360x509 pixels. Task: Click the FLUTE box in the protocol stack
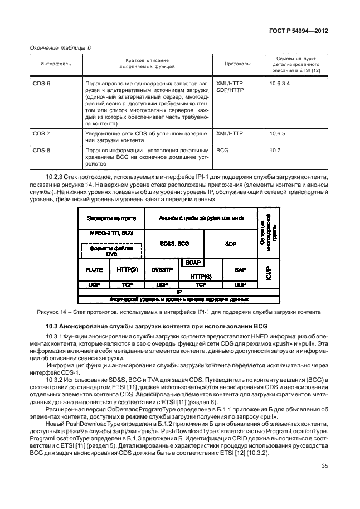click(94, 269)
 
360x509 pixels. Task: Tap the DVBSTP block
click(162, 269)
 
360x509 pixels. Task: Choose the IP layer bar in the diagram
click(178, 291)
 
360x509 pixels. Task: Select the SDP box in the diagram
click(230, 244)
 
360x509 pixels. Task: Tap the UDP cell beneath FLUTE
click(94, 284)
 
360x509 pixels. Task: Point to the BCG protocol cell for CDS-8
click(222, 151)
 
